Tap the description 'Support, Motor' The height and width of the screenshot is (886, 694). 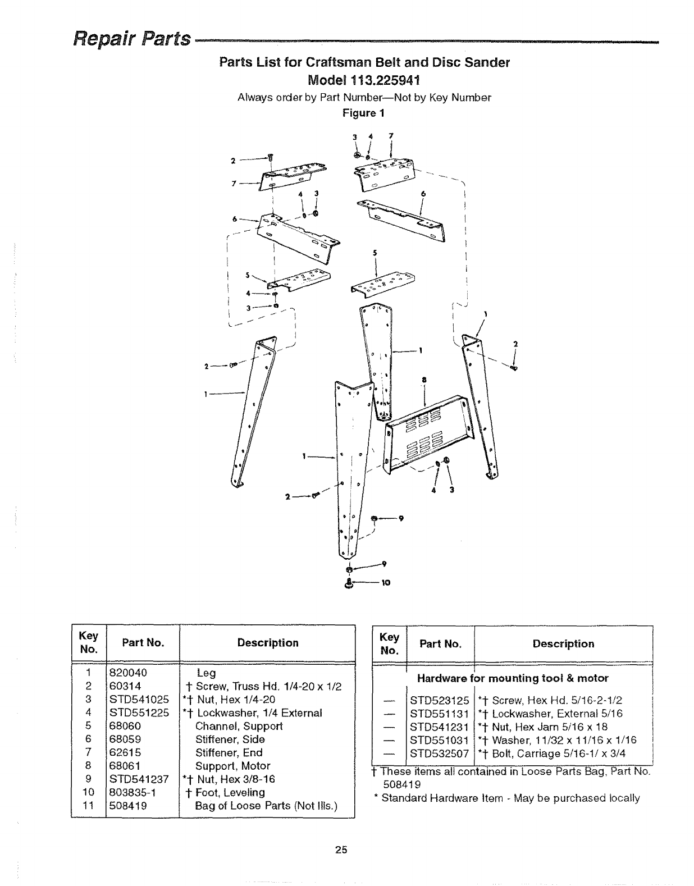click(x=232, y=766)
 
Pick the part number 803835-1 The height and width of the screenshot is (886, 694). click(x=133, y=792)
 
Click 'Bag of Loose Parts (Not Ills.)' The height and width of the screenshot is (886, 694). click(x=266, y=806)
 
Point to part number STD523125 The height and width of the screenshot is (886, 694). click(x=439, y=701)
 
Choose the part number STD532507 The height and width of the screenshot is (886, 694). click(x=439, y=753)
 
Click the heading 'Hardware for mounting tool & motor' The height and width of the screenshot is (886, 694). click(x=512, y=678)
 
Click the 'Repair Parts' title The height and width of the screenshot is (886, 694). click(x=132, y=39)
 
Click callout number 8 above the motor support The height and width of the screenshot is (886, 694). click(x=424, y=380)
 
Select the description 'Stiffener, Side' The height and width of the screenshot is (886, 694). click(x=230, y=739)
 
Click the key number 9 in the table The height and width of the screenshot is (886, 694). click(x=88, y=779)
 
